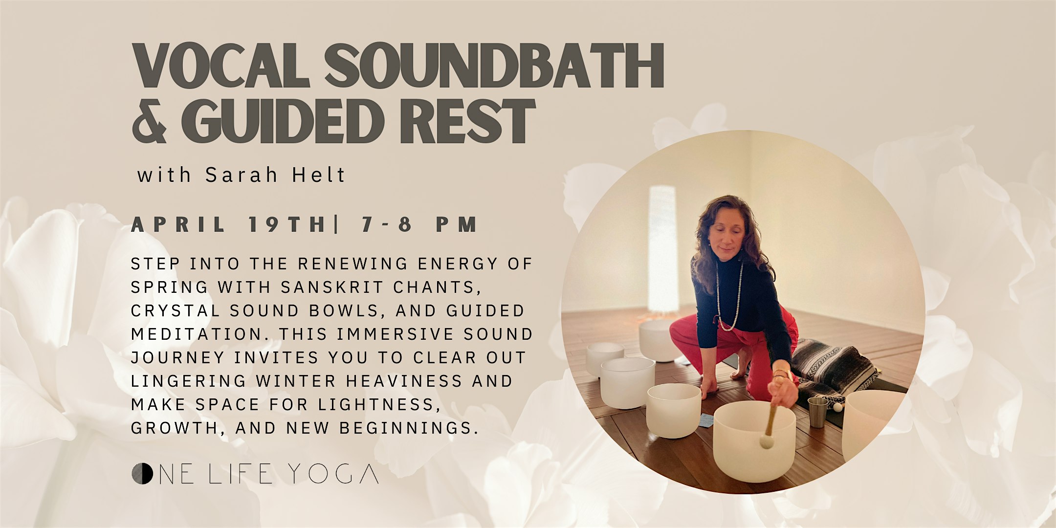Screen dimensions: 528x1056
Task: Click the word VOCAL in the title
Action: point(221,66)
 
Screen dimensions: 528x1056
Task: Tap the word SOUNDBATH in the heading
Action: point(494,66)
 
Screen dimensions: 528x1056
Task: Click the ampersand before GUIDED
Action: point(150,121)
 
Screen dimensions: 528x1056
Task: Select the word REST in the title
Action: point(467,121)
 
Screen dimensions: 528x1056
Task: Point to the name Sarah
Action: point(242,175)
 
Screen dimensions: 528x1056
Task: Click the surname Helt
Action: point(319,175)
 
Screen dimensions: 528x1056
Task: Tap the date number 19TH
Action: point(287,224)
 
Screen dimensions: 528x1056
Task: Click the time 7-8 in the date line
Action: point(386,224)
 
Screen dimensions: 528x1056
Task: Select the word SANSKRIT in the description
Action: point(332,287)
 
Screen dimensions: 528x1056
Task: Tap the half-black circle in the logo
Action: point(142,473)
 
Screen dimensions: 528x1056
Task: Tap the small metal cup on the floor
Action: point(817,412)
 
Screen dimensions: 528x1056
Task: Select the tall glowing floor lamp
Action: point(662,249)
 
